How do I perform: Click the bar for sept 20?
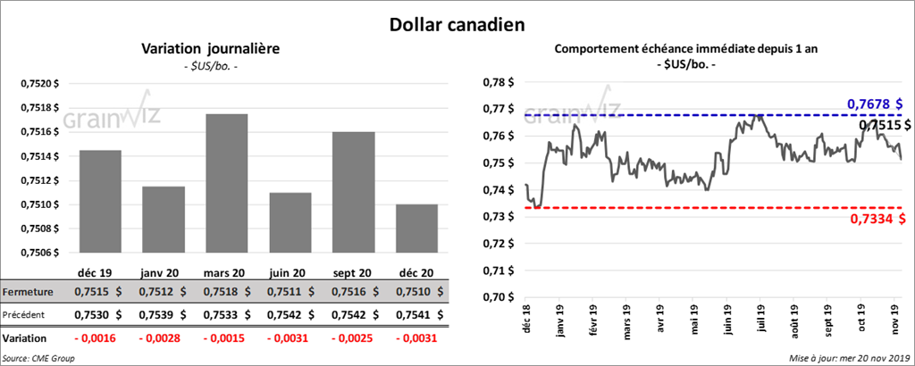(352, 192)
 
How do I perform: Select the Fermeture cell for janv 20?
(163, 292)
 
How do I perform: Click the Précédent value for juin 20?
(289, 314)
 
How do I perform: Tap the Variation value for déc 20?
(415, 339)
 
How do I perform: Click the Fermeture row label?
(27, 292)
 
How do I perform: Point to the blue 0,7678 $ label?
(874, 104)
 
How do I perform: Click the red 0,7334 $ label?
(874, 220)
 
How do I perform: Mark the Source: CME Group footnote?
(38, 358)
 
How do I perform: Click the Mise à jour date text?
(848, 358)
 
